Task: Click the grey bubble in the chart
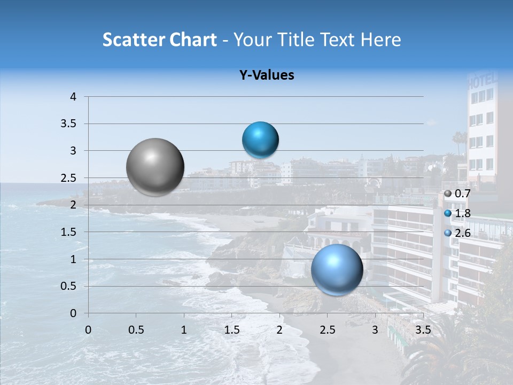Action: click(156, 167)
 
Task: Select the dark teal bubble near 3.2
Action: click(260, 140)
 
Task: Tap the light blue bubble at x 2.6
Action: click(337, 269)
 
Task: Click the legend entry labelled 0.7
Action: click(458, 194)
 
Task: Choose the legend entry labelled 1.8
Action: click(458, 213)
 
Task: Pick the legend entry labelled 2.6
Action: click(458, 233)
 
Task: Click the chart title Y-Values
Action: click(267, 75)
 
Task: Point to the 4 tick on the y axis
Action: click(73, 97)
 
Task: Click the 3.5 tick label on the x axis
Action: click(423, 330)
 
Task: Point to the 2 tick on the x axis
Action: click(279, 330)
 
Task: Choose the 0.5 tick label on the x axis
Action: click(136, 330)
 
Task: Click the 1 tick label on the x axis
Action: click(184, 330)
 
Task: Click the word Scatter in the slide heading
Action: click(134, 40)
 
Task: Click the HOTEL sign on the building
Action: click(483, 83)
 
